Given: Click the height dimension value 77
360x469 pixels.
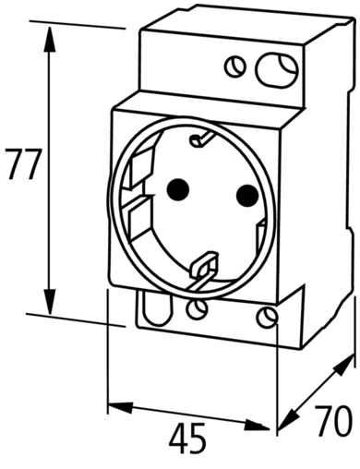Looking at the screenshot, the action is point(24,164).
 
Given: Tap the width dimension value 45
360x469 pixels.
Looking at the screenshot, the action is point(187,438).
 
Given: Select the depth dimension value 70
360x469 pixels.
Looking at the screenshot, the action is point(333,420).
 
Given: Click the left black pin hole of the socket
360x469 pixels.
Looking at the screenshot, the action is point(177,189).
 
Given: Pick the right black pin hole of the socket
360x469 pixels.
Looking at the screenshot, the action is point(247,196).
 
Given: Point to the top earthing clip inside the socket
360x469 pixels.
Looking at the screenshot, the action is point(200,139).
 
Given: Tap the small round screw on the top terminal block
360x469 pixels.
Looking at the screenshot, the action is point(235,66).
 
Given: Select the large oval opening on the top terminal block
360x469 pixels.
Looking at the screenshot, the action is point(277,70).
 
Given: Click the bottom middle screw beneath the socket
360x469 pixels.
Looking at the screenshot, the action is point(197,309).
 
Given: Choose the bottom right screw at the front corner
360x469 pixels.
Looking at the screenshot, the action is point(267,318).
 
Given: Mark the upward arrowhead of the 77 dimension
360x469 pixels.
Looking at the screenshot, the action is point(49,39).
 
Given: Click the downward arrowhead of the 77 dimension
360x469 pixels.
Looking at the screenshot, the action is point(49,302).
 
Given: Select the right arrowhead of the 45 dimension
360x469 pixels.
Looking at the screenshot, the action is point(257,425).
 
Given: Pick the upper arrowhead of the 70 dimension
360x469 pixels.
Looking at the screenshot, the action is point(343,365).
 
